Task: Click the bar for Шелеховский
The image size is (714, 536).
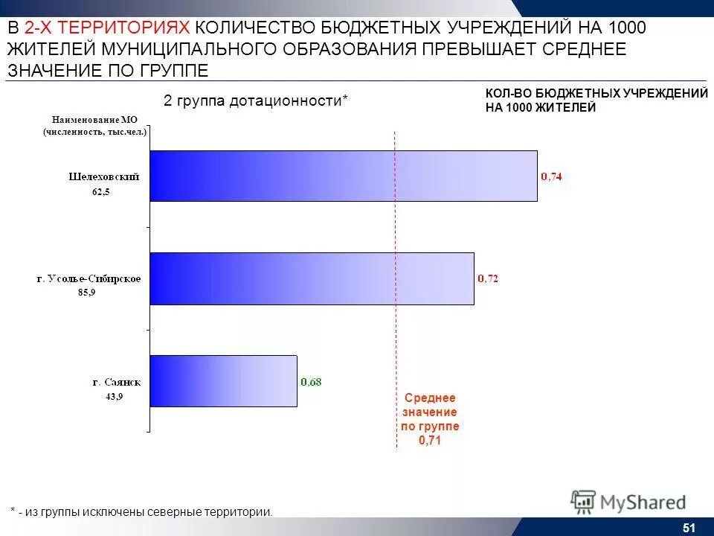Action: (343, 176)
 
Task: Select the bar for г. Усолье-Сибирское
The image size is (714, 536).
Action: (312, 278)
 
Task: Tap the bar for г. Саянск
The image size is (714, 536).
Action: (223, 380)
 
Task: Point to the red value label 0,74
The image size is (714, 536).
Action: (551, 176)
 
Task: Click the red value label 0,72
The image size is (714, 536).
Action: (488, 278)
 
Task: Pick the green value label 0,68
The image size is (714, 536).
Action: (311, 382)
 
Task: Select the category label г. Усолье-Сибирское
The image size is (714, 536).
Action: (89, 279)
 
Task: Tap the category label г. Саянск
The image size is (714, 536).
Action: (116, 382)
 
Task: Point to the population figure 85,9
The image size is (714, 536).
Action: (87, 293)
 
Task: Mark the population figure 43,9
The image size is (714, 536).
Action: (115, 397)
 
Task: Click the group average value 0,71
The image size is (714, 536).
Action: (430, 440)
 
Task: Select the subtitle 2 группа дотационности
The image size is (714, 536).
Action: (255, 100)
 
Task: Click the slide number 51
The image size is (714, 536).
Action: (688, 528)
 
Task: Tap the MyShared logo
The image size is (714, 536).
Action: (628, 502)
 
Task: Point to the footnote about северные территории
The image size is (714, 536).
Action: (141, 511)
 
